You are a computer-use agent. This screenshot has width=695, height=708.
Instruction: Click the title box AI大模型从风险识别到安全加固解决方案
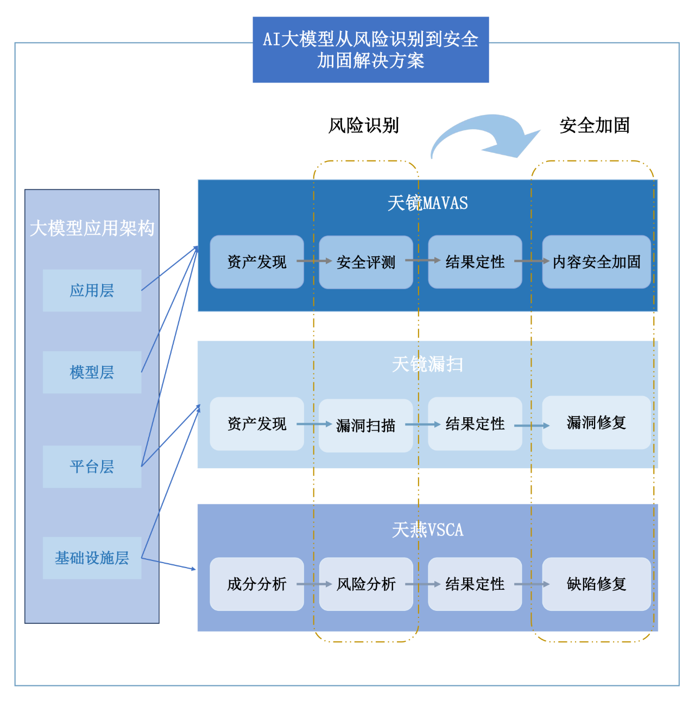point(371,50)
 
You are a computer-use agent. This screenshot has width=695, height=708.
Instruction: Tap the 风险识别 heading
point(363,125)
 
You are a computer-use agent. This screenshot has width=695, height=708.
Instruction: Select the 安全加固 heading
point(595,125)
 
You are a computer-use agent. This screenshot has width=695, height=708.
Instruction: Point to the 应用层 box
point(92,291)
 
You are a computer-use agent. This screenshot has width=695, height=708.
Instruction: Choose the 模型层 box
point(92,372)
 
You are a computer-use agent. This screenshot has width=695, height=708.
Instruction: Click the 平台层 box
point(92,467)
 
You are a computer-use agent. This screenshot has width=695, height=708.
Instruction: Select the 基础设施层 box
point(92,558)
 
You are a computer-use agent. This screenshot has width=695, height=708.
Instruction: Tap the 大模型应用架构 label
point(92,228)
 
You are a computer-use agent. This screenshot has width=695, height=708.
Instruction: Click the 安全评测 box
point(365,262)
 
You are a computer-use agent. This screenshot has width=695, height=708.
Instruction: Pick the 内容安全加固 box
point(596,262)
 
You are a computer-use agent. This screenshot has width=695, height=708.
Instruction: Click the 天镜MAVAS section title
point(427,203)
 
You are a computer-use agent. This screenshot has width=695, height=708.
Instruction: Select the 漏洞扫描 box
point(365,425)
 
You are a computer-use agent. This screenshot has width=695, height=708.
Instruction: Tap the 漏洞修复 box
point(596,423)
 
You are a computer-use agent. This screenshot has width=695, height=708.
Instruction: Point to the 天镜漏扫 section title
point(427,364)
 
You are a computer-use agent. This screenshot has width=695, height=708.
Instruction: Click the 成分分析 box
point(256,584)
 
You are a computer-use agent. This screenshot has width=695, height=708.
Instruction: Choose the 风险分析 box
point(365,584)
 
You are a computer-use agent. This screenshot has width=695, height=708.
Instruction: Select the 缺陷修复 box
point(596,584)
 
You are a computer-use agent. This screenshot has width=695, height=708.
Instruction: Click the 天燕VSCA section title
point(427,530)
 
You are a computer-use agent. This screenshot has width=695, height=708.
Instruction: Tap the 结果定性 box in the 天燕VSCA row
point(475,584)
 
